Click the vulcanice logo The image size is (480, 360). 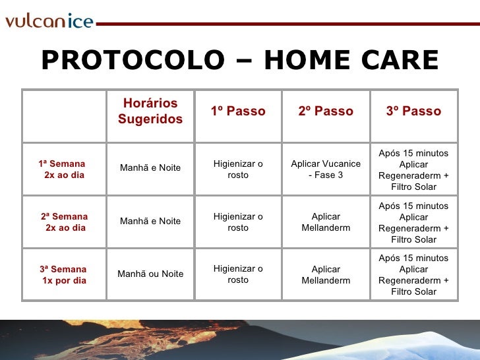click(x=49, y=21)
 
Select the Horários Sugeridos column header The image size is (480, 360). click(x=150, y=111)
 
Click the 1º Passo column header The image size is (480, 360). click(x=238, y=111)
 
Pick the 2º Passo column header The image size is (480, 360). click(x=326, y=111)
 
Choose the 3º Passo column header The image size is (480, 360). click(x=413, y=111)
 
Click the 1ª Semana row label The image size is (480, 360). click(x=63, y=169)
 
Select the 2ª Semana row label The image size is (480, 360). click(x=64, y=222)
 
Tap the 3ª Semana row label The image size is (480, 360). click(x=63, y=275)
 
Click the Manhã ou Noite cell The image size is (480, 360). click(x=150, y=274)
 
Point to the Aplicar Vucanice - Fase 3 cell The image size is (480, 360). click(x=326, y=169)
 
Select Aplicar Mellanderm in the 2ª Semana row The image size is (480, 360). click(x=326, y=222)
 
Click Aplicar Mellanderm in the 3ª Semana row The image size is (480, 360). click(x=326, y=275)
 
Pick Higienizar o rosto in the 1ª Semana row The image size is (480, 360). click(x=238, y=169)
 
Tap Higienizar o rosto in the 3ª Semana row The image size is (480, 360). click(x=238, y=275)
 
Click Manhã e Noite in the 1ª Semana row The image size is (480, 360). click(x=150, y=168)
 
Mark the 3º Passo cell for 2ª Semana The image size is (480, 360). click(x=413, y=222)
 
